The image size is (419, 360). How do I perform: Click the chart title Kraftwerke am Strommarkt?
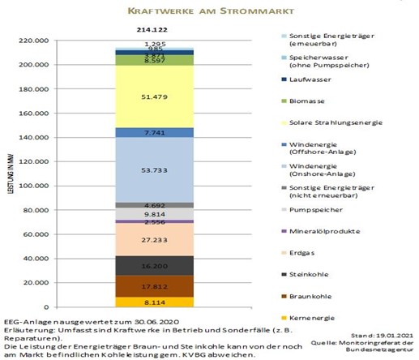(209, 12)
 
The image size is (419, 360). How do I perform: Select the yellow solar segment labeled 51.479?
(148, 96)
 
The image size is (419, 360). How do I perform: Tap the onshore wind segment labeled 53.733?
(148, 170)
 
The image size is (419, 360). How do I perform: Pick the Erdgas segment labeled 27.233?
(148, 239)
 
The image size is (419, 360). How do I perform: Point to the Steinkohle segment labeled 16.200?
(148, 265)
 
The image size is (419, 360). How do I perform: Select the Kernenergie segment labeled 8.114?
(148, 302)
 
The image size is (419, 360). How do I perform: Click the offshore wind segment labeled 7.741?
(148, 132)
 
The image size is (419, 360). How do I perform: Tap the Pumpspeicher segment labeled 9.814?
(148, 214)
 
